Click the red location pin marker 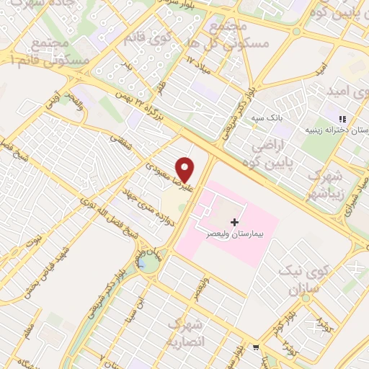(185, 169)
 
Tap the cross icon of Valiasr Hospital (234, 222)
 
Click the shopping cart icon (255, 347)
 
